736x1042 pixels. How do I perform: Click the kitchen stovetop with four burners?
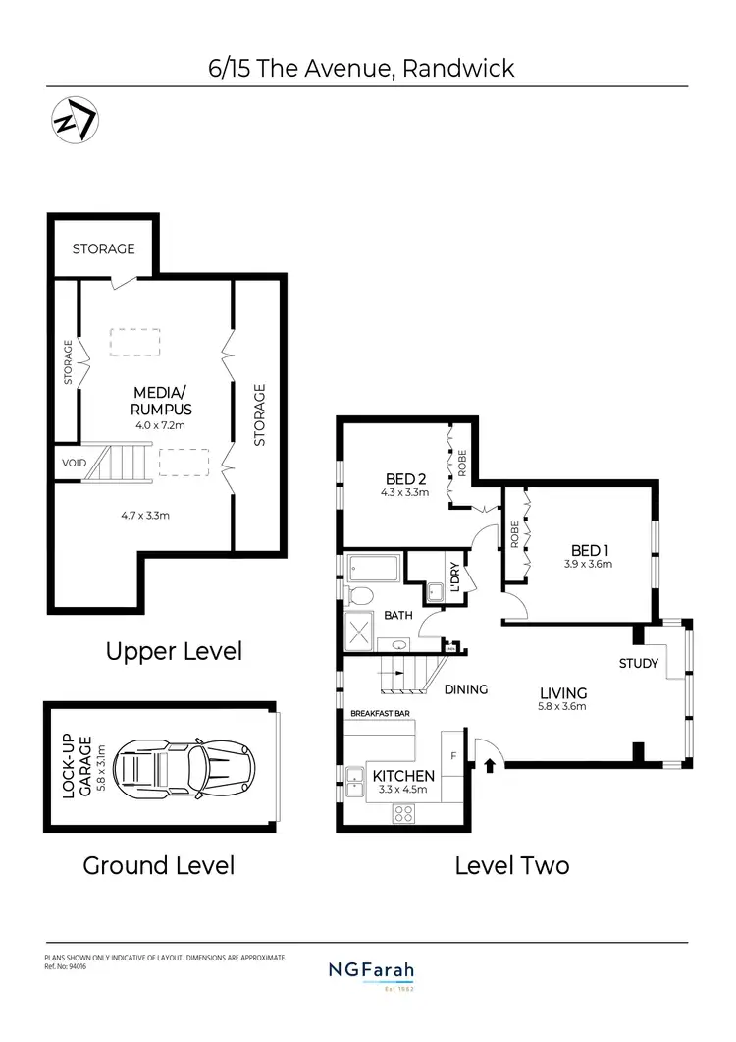[x=403, y=813]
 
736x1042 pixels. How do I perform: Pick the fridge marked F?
[x=452, y=756]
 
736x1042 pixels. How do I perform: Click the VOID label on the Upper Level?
[x=74, y=463]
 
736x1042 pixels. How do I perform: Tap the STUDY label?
[x=638, y=664]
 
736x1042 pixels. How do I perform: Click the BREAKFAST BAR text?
[x=380, y=714]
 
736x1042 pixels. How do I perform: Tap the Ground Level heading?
[x=158, y=865]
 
